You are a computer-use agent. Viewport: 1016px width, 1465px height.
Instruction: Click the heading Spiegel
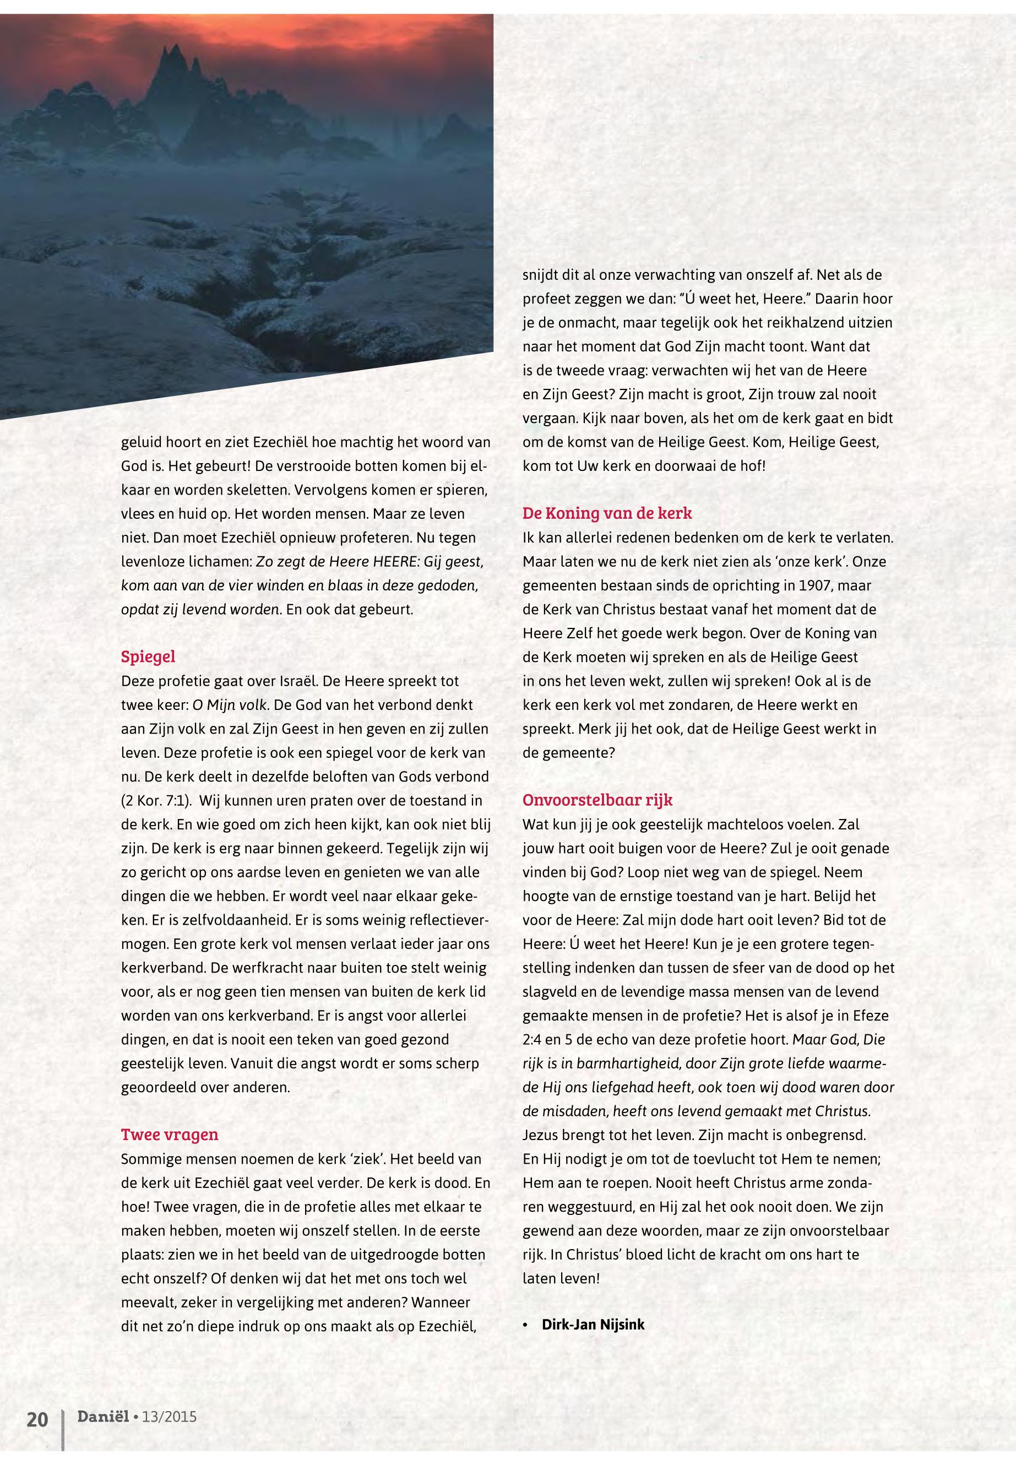click(148, 656)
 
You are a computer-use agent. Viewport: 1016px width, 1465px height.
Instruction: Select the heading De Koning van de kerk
click(607, 513)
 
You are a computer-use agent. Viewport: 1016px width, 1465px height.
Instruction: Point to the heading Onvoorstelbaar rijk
click(597, 800)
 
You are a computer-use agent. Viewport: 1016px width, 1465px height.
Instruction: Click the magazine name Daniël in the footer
click(102, 1416)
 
